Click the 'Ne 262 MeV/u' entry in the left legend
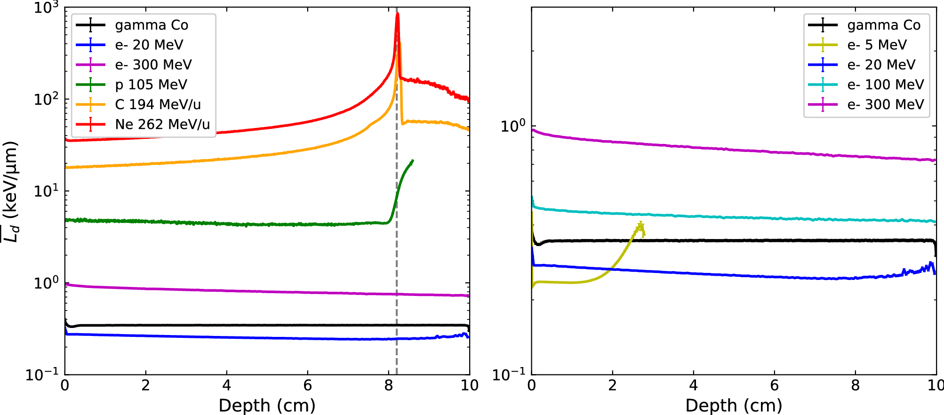(x=162, y=124)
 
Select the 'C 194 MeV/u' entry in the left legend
(x=158, y=104)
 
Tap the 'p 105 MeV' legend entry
(x=151, y=85)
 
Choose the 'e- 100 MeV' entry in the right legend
(x=885, y=85)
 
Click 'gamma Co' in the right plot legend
(x=883, y=25)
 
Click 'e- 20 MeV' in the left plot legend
(x=149, y=45)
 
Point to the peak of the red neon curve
(x=398, y=14)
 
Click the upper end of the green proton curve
(x=412, y=161)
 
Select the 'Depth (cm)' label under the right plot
(x=734, y=405)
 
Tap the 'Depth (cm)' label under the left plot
(x=267, y=405)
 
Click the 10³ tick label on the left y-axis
(x=46, y=8)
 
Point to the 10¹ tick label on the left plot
(x=46, y=192)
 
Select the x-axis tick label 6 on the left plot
(x=307, y=386)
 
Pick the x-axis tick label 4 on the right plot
(x=693, y=386)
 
